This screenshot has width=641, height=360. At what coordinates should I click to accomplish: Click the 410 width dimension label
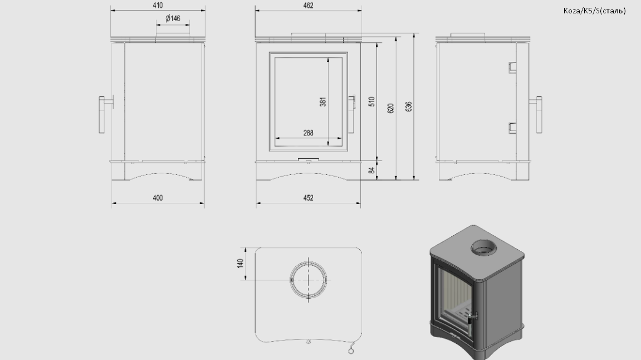158,6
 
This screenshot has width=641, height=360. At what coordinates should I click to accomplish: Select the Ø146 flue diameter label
173,18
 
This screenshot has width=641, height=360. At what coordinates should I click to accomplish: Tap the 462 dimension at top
308,6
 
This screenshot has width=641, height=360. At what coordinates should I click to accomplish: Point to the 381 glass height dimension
323,101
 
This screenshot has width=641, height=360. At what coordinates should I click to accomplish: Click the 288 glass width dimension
308,133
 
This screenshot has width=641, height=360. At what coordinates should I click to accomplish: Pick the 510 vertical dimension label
371,101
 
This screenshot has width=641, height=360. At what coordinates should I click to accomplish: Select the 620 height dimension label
390,109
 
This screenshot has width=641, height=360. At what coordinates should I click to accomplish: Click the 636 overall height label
409,107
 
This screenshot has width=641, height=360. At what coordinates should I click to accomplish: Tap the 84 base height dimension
371,170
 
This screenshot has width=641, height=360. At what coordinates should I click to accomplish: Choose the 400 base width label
158,198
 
